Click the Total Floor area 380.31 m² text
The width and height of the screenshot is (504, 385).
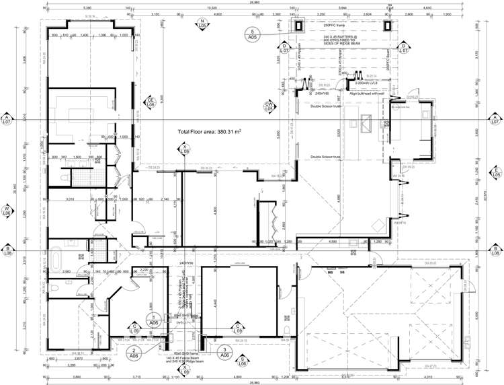(x=209, y=133)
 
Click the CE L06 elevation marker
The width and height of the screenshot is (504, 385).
(x=151, y=104)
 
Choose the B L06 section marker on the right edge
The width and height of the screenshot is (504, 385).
(x=495, y=250)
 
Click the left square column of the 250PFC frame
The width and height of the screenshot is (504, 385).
(x=299, y=26)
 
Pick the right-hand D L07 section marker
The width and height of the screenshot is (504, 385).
(x=404, y=48)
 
